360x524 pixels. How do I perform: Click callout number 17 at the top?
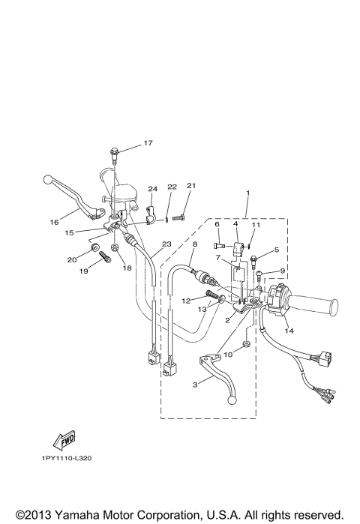coord(148,142)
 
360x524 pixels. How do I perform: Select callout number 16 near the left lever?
coord(54,222)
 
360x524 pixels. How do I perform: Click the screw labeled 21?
coord(178,218)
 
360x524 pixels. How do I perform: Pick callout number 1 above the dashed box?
coord(246,193)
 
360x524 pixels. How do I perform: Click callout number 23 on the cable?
coord(166,244)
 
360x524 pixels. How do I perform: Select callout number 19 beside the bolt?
coord(83,271)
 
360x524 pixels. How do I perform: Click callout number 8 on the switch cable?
coord(194,244)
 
